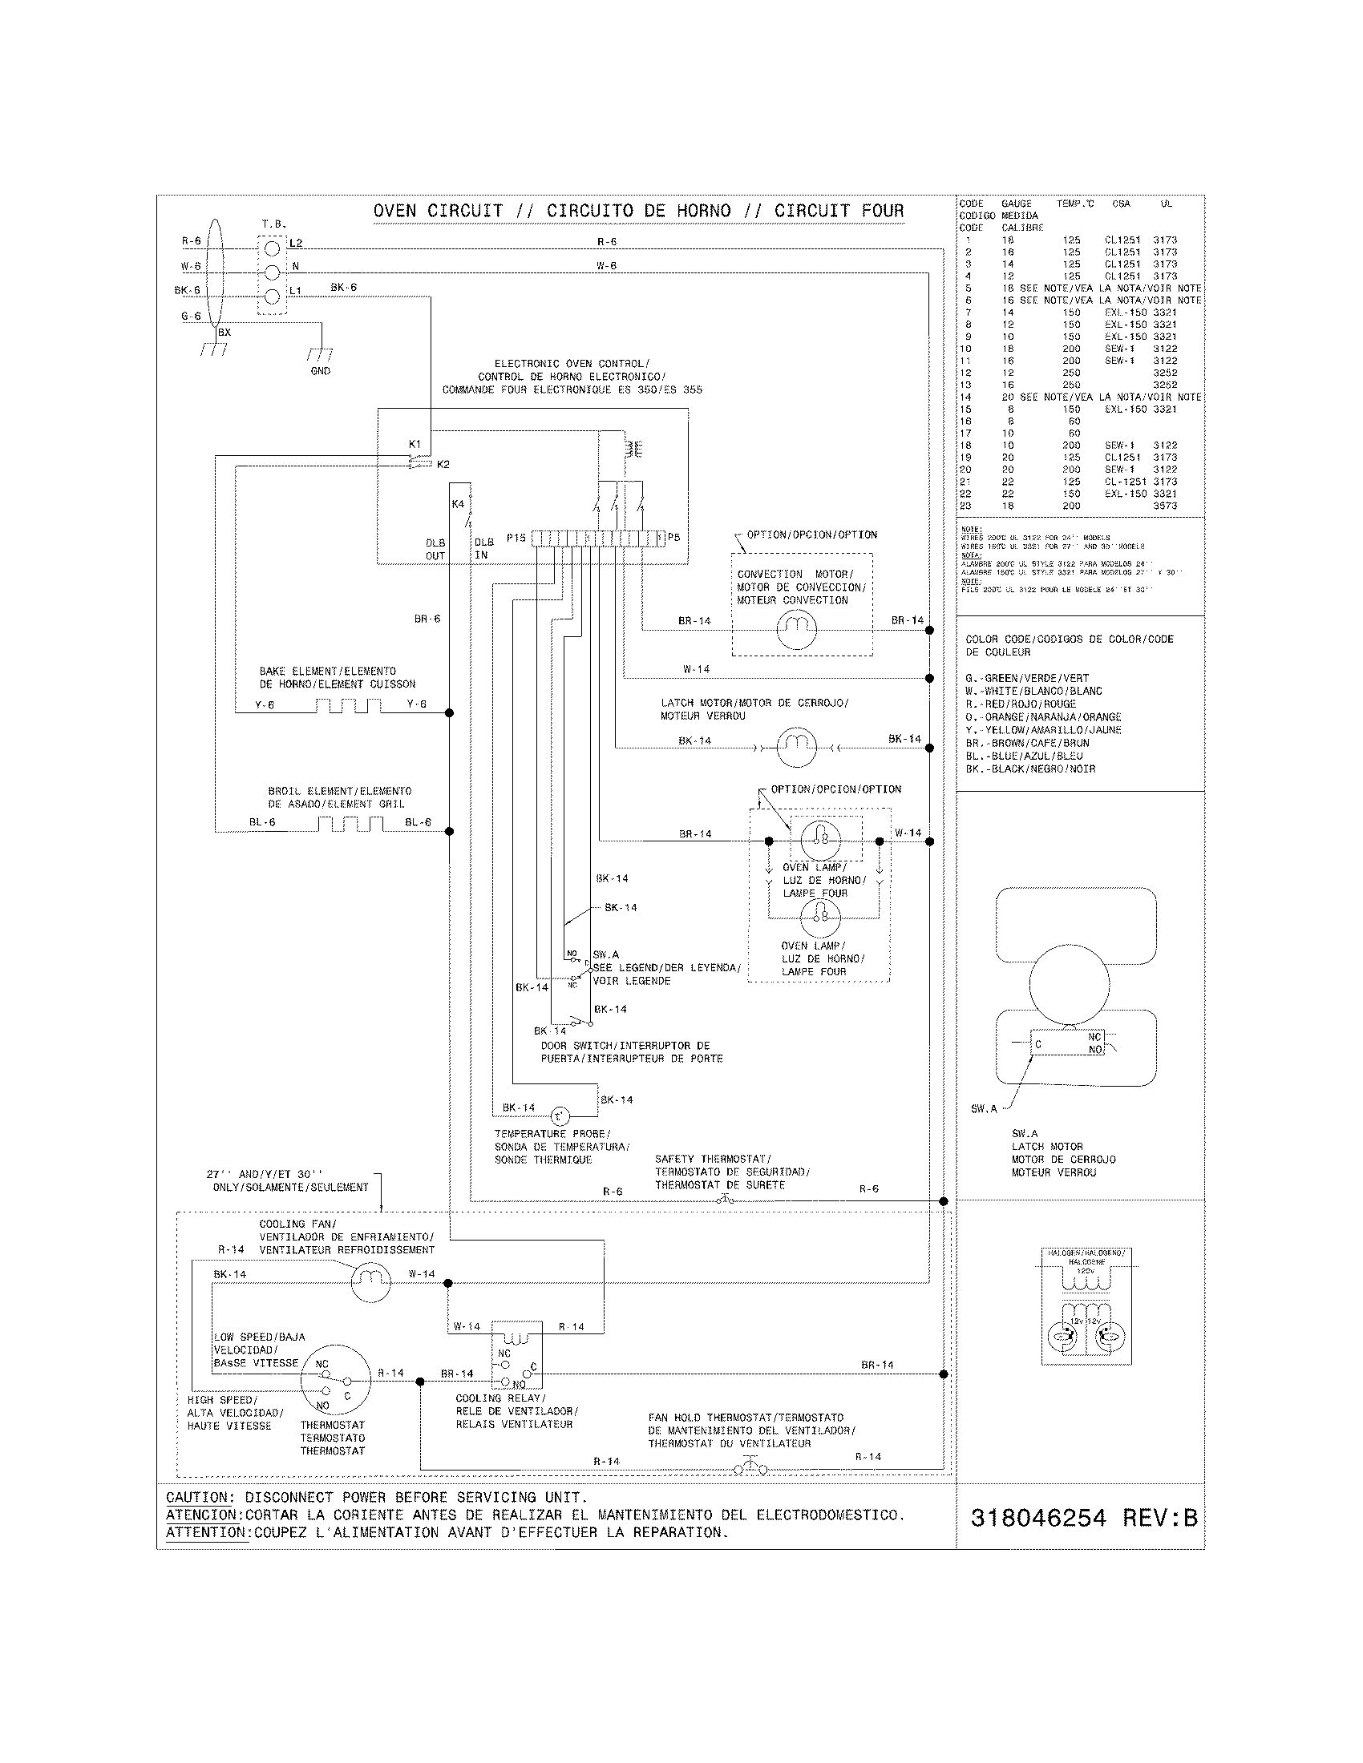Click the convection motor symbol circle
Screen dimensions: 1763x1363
(x=796, y=629)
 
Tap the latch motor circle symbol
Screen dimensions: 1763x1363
(x=796, y=747)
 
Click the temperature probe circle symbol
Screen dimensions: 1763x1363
(x=560, y=1116)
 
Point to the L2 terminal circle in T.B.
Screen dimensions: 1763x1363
(x=272, y=247)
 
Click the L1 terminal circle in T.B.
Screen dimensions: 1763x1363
(x=272, y=296)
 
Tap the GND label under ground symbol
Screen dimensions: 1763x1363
(x=321, y=371)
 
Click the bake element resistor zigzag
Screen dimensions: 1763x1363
(x=348, y=706)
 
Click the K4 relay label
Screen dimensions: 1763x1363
(x=458, y=505)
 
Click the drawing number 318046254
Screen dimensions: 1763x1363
(x=1037, y=1518)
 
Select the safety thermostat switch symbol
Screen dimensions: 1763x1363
(x=724, y=1200)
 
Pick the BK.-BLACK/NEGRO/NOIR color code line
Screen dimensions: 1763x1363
(x=1030, y=769)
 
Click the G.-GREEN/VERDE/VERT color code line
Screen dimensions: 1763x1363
(x=1027, y=678)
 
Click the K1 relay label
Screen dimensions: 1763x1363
(x=415, y=445)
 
